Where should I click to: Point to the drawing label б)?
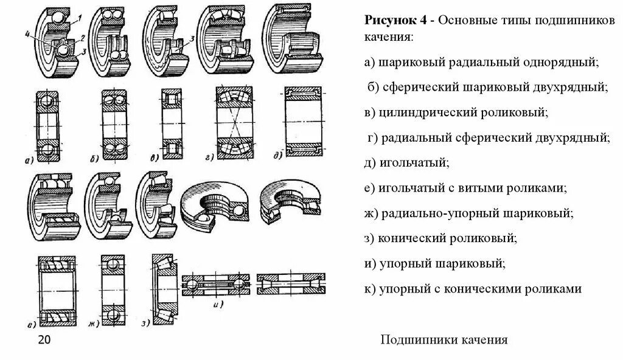tap(94, 159)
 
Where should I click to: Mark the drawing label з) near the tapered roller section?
tap(145, 323)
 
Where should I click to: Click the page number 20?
tap(44, 339)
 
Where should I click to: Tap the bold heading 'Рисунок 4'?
tap(395, 19)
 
